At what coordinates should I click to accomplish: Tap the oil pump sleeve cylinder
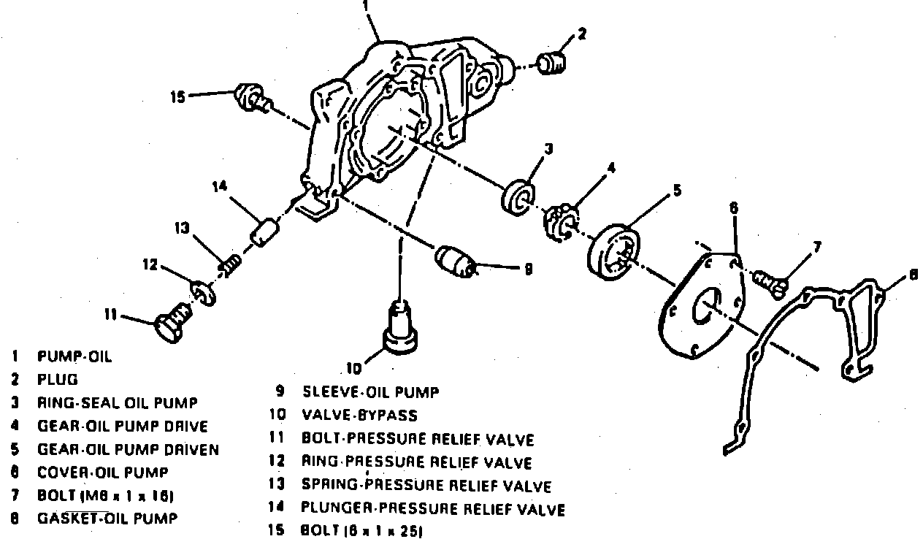click(454, 261)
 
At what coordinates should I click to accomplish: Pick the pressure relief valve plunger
click(264, 232)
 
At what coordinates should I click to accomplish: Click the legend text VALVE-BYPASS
click(359, 416)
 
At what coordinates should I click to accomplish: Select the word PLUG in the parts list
click(57, 380)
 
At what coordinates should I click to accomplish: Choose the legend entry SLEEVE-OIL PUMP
click(371, 393)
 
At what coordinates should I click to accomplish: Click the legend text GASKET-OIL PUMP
click(107, 519)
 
